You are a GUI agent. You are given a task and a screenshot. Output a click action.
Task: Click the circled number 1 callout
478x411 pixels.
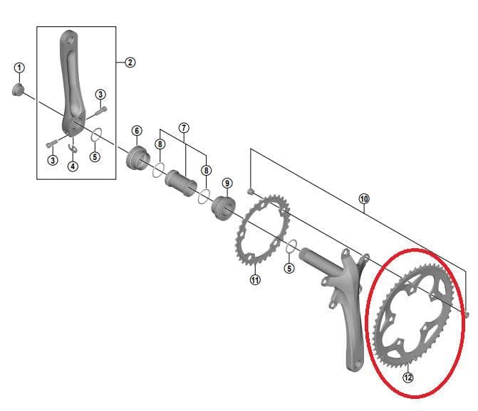[19, 68]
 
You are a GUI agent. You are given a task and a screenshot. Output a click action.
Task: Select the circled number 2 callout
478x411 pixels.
[130, 63]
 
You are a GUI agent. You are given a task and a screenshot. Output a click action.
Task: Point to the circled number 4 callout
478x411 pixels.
[72, 166]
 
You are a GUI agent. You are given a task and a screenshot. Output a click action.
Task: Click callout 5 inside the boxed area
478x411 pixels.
[95, 156]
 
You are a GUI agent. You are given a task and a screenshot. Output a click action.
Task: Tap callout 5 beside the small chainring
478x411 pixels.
[289, 267]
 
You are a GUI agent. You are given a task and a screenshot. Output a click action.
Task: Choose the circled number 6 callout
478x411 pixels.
[136, 131]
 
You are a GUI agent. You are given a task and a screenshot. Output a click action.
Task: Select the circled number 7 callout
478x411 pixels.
[184, 128]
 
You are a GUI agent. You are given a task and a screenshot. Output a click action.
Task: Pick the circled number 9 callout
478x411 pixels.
[227, 183]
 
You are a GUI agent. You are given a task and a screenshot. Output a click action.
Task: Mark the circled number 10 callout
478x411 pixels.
[363, 199]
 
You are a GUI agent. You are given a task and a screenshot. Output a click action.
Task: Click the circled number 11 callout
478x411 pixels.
[255, 279]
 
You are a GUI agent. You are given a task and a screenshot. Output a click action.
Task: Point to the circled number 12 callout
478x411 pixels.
[407, 378]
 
